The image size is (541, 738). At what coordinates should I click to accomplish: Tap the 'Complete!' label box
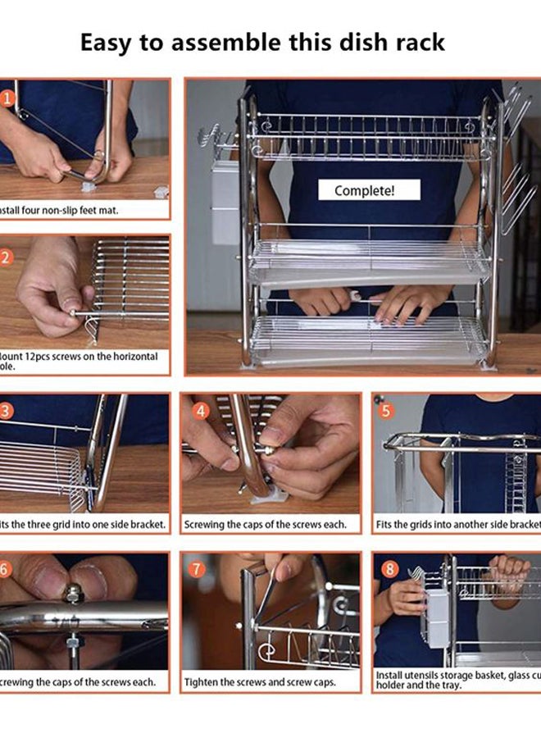pos(365,190)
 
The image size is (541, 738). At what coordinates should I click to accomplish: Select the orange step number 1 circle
pos(7,98)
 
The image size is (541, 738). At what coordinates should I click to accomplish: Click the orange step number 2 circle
pos(7,257)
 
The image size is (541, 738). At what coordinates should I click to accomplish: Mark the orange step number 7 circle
pos(197,569)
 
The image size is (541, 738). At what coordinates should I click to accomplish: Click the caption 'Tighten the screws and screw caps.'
pos(260,681)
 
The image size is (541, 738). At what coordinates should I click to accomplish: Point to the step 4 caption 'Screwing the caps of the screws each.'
pos(265,523)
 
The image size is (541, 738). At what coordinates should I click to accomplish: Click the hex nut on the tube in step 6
pos(73,592)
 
